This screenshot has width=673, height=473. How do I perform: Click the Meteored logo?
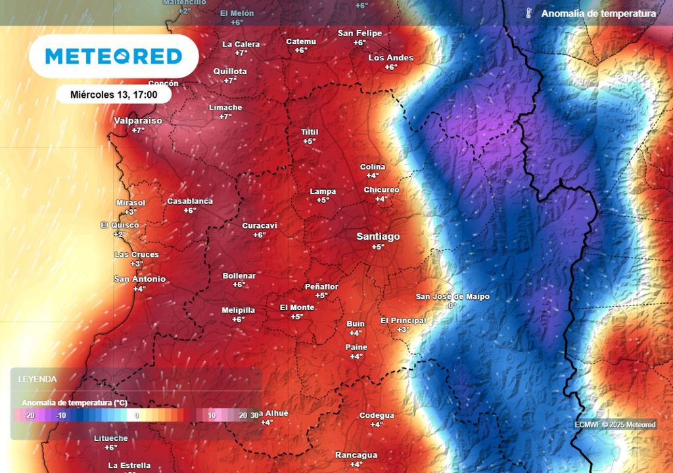coord(114,56)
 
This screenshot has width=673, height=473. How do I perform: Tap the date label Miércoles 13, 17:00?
coord(114,95)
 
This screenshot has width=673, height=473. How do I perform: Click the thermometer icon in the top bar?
coord(528,13)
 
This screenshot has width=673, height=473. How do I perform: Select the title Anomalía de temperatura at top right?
coord(598,13)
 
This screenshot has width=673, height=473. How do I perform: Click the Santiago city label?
coord(378,236)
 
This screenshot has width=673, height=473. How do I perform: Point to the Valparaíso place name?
coord(138,121)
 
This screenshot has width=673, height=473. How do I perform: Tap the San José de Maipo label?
coord(452,297)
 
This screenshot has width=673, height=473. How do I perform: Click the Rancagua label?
coord(356,455)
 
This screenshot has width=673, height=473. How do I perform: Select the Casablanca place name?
coord(190,201)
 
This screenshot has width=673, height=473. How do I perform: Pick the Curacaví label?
coord(260,225)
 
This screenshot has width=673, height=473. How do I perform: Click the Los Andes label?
coord(391,58)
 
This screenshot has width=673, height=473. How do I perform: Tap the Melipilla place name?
coord(238,310)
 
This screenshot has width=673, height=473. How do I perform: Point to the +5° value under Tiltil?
coord(309,141)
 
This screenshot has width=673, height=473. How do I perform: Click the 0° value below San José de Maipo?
coord(452,306)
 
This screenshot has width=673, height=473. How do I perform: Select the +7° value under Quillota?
coord(230,81)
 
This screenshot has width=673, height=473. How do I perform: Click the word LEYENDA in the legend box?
coord(37,379)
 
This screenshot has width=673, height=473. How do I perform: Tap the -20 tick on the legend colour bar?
coord(29,415)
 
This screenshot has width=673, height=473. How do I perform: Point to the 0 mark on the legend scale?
coord(137,415)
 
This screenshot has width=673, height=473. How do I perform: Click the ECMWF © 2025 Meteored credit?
coord(615,424)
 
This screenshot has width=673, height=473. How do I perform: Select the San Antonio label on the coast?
coord(139,279)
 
